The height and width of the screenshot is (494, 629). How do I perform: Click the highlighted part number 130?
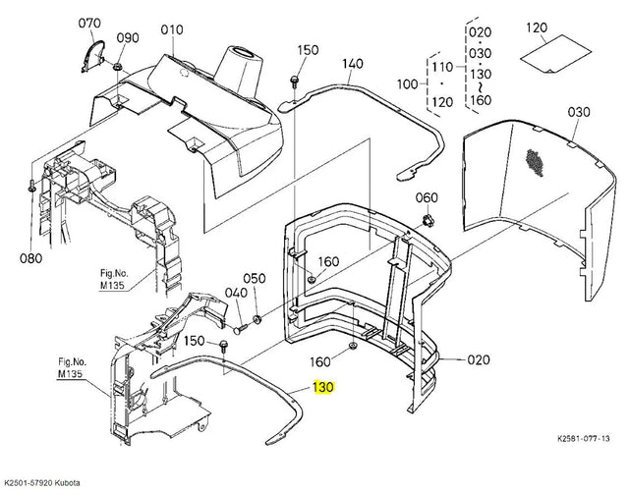pyautogui.click(x=323, y=387)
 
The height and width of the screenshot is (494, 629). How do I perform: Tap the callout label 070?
pyautogui.click(x=89, y=24)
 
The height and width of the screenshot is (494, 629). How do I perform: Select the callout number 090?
pyautogui.click(x=128, y=37)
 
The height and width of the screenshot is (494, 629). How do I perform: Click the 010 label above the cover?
pyautogui.click(x=172, y=29)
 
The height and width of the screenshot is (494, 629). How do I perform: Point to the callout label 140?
pyautogui.click(x=353, y=64)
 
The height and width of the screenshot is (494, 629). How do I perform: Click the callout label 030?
pyautogui.click(x=579, y=112)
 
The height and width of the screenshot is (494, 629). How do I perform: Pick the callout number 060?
pyautogui.click(x=427, y=197)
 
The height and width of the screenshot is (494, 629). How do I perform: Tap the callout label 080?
pyautogui.click(x=30, y=258)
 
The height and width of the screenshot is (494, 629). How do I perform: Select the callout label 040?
pyautogui.click(x=236, y=293)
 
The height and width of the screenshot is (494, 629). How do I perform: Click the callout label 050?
pyautogui.click(x=255, y=278)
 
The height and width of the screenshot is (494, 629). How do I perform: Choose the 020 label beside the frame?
pyautogui.click(x=479, y=359)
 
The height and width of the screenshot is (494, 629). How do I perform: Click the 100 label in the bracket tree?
pyautogui.click(x=407, y=84)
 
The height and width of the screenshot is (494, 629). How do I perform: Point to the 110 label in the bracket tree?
pyautogui.click(x=442, y=66)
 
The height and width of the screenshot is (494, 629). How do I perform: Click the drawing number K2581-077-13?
pyautogui.click(x=584, y=438)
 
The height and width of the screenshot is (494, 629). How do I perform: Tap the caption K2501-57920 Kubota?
pyautogui.click(x=42, y=482)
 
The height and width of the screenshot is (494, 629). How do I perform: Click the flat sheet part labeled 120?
pyautogui.click(x=555, y=54)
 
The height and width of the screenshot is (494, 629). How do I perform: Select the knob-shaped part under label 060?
pyautogui.click(x=427, y=220)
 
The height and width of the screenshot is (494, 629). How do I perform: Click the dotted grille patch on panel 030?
pyautogui.click(x=535, y=163)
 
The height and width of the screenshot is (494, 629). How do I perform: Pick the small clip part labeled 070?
pyautogui.click(x=92, y=56)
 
